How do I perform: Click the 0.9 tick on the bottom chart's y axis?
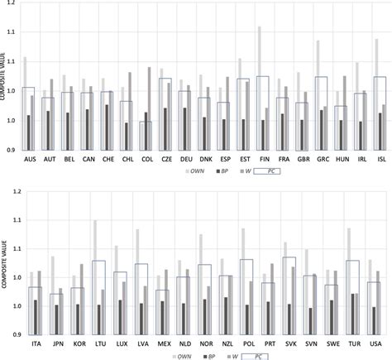[x=17, y=335]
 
